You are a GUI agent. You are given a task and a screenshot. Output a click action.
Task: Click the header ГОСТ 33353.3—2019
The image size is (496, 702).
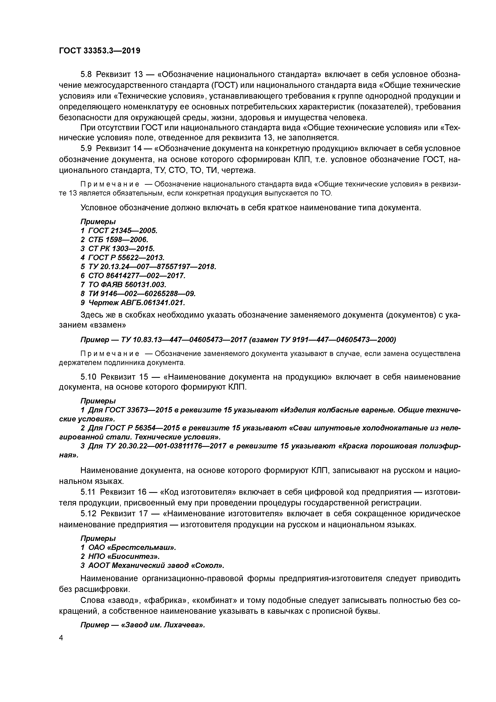[x=99, y=51]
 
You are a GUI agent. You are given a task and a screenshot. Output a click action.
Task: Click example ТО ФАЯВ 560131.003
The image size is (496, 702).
[x=127, y=285]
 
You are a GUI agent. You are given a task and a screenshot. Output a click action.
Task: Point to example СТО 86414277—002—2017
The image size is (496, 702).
[x=137, y=276]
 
